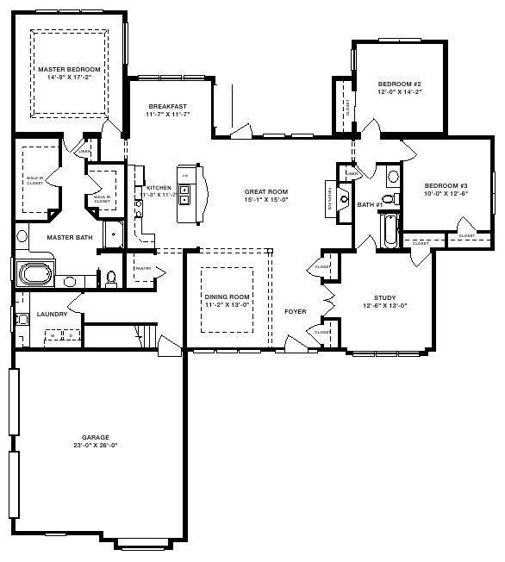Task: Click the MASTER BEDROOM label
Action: pos(69,69)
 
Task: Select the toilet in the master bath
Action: pos(110,278)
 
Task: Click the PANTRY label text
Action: pos(142,268)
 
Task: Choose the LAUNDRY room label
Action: pos(52,315)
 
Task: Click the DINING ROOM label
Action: pos(227,297)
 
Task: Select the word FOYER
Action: pos(296,311)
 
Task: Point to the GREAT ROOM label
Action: pos(266,191)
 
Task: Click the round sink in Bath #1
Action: pos(393,178)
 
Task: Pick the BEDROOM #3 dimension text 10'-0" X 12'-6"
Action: pos(446,193)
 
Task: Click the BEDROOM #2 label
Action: pos(399,84)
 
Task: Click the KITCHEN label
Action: pos(159,187)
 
